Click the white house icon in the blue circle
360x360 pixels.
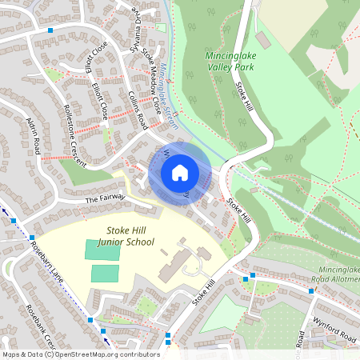[x=180, y=173]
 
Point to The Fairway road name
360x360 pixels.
[x=101, y=198]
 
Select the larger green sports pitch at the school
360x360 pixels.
[x=103, y=250]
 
